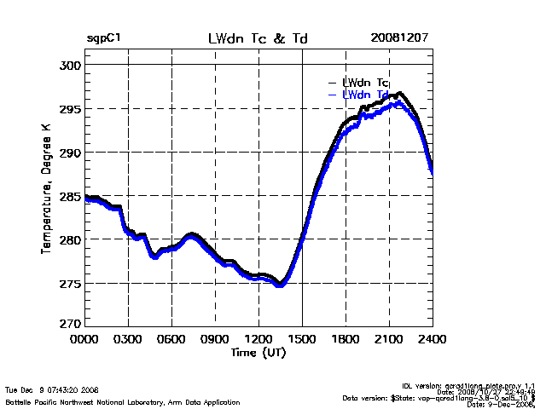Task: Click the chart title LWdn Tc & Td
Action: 258,39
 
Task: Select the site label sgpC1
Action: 103,39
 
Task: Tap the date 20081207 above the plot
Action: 399,39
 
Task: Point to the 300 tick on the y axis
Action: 71,65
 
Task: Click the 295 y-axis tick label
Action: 71,109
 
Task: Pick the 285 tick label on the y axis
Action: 71,196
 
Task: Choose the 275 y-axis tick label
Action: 71,283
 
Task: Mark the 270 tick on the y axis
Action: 71,324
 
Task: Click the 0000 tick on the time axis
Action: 84,339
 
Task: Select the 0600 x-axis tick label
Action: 171,339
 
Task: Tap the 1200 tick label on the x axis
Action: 258,339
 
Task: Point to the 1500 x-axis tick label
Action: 302,339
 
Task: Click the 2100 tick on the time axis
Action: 389,339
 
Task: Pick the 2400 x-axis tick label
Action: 432,339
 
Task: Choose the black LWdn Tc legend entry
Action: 365,83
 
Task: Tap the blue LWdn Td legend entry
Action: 365,94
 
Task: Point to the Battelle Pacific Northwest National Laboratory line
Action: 122,401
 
